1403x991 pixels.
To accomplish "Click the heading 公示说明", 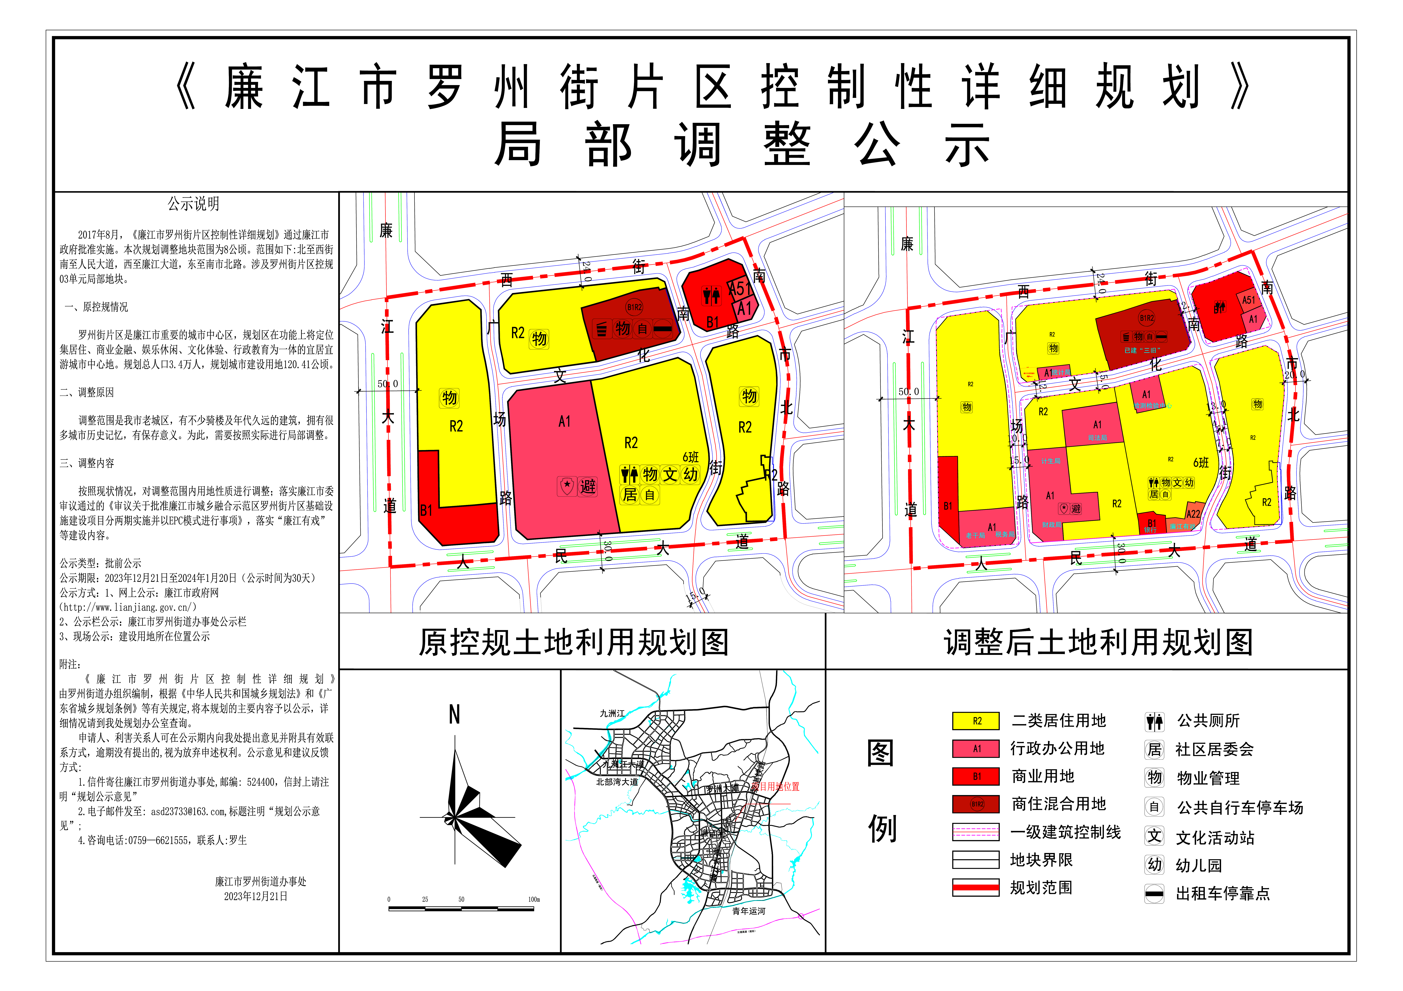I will [x=194, y=204].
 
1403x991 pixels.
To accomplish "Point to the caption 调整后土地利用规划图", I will [x=1098, y=643].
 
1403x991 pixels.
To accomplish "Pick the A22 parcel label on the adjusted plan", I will [x=1193, y=514].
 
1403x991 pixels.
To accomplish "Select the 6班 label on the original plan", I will [x=690, y=457].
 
